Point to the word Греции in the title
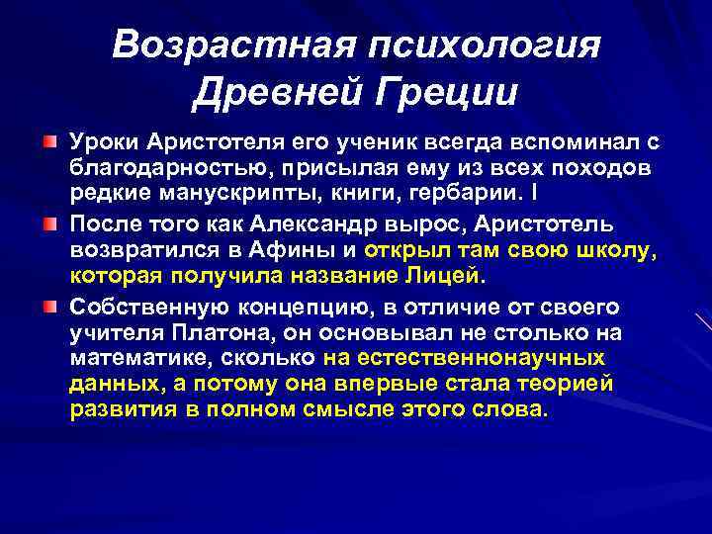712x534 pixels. coord(443,95)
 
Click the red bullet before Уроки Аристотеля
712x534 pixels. coord(49,143)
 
